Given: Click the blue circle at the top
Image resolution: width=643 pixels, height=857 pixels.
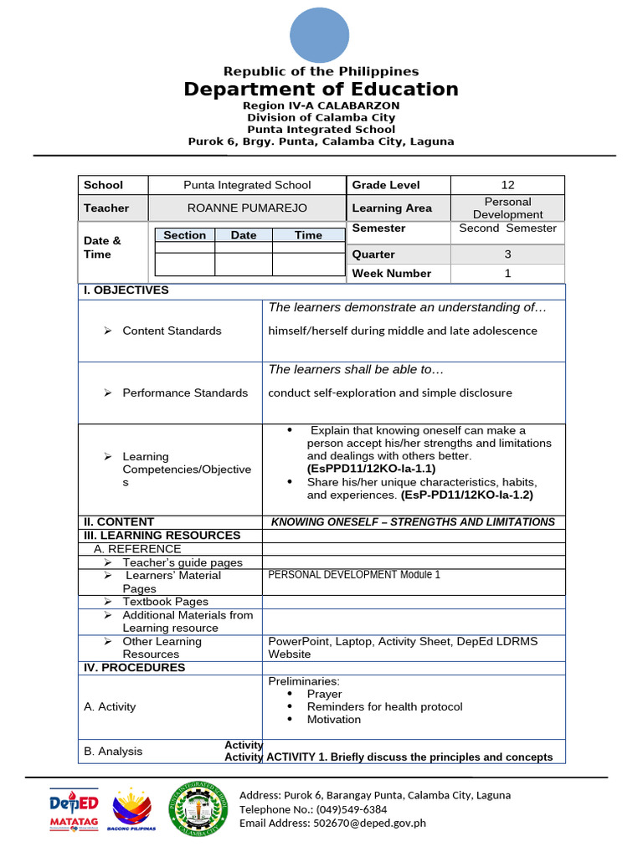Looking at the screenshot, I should click(x=321, y=34).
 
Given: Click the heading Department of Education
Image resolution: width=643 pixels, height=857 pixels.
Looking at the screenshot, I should click(x=321, y=90).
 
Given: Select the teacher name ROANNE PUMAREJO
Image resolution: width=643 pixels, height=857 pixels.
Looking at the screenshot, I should click(x=247, y=208).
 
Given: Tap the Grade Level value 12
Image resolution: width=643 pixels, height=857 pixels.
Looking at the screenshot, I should click(x=507, y=185).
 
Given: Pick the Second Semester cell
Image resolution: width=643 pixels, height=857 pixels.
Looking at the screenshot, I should click(x=507, y=228).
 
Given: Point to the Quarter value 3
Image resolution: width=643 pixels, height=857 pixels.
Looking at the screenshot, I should click(x=507, y=254).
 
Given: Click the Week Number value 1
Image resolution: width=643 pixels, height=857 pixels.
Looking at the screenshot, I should click(x=507, y=274).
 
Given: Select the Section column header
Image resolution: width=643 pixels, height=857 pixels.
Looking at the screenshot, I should click(x=184, y=235).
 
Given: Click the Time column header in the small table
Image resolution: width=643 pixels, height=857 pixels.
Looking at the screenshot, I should click(x=308, y=235).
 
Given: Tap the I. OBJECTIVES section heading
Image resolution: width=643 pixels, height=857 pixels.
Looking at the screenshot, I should click(x=125, y=290).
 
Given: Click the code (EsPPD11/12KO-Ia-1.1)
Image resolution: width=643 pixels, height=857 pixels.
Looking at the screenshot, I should click(x=371, y=469).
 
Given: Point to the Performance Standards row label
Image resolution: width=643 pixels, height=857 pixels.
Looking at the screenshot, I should click(x=184, y=393).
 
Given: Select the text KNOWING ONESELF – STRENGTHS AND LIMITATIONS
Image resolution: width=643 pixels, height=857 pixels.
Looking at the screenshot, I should click(x=413, y=522).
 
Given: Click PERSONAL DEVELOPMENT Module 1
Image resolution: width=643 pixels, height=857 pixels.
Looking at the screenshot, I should click(x=353, y=575).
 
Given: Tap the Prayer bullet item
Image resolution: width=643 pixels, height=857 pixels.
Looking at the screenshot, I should click(x=324, y=694).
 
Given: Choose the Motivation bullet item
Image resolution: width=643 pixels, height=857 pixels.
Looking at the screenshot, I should click(x=333, y=720).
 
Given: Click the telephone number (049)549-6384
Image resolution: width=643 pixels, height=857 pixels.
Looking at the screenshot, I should click(x=347, y=809).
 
